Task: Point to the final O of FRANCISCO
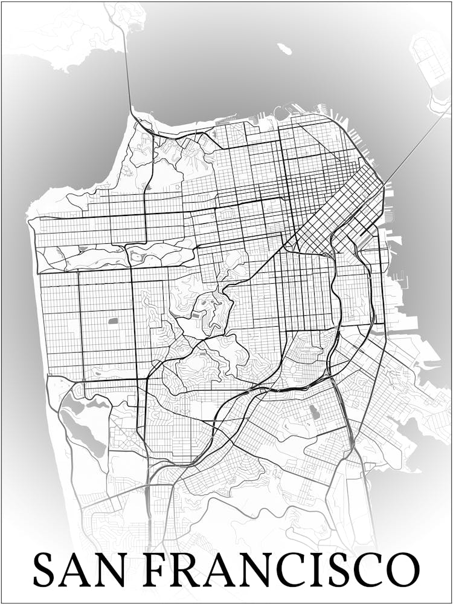coord(402,569)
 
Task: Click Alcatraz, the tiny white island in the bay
coord(284,48)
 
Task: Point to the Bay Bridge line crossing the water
coord(417,142)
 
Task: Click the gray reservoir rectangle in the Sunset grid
coord(113,321)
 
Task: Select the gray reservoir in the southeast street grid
coord(313,413)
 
